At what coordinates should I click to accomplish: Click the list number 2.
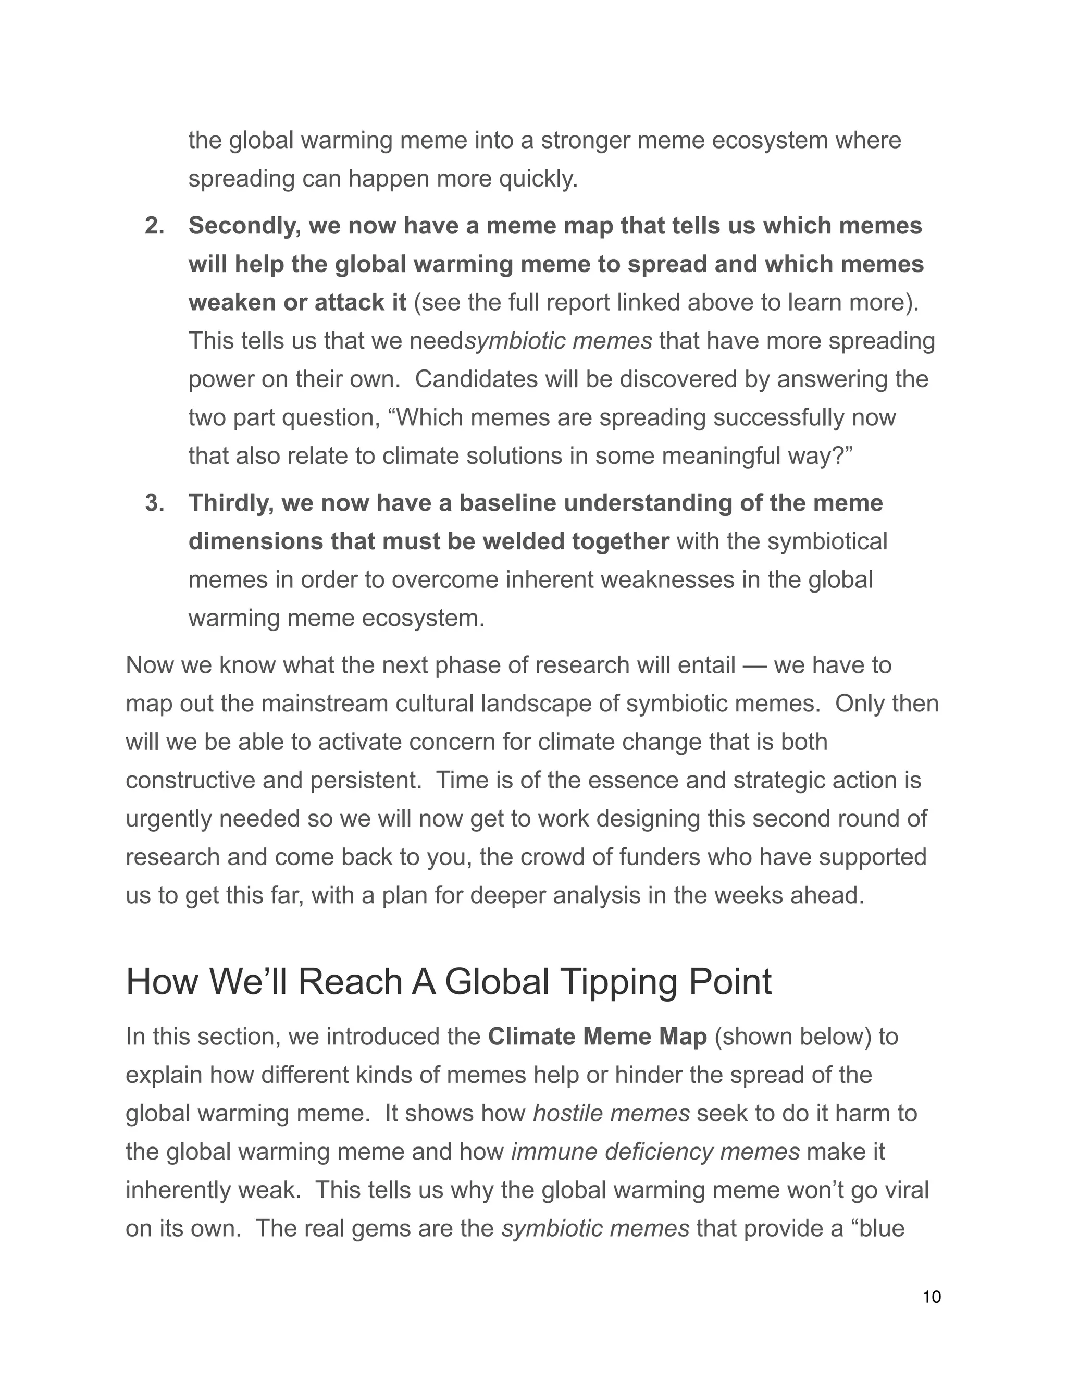click(x=154, y=226)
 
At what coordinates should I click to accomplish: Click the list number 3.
click(x=154, y=503)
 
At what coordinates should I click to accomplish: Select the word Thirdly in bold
click(x=231, y=503)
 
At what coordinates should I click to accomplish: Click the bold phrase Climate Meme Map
click(x=598, y=1037)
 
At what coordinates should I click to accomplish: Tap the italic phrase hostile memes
click(x=611, y=1114)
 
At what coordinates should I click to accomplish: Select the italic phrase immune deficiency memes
click(x=655, y=1152)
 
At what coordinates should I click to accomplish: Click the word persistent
click(x=365, y=780)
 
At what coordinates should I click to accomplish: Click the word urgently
click(x=169, y=819)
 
